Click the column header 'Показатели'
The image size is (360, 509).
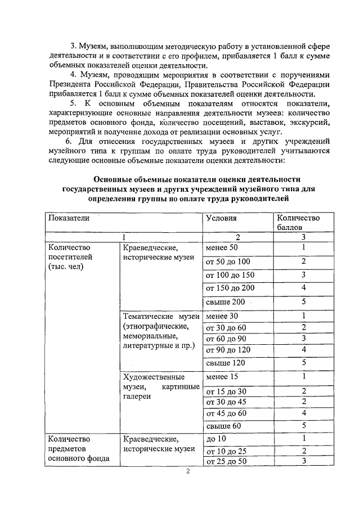[69, 218]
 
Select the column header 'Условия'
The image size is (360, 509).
[221, 218]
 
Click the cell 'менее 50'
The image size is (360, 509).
[223, 247]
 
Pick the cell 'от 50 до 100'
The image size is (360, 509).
[228, 262]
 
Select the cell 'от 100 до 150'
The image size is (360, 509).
[231, 275]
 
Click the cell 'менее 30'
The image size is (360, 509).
[223, 316]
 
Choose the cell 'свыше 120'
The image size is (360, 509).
[226, 363]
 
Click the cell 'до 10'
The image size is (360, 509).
[216, 439]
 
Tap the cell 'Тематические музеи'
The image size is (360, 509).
[160, 317]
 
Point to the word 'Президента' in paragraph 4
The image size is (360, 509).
[71, 84]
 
